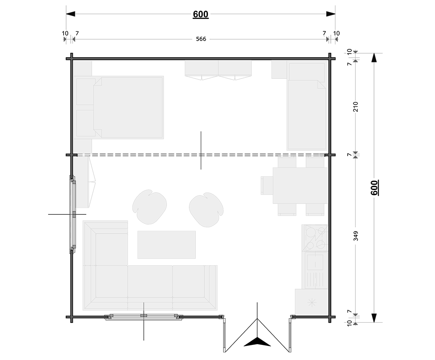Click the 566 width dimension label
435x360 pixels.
point(201,39)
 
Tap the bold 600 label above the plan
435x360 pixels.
point(201,14)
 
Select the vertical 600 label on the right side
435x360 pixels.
point(374,188)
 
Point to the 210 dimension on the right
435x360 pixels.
point(356,107)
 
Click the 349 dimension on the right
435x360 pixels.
point(356,236)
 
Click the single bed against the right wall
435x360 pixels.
point(307,107)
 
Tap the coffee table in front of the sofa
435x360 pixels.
point(166,244)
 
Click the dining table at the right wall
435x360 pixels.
point(300,185)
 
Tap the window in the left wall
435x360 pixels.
point(73,214)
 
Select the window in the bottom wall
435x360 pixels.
point(143,317)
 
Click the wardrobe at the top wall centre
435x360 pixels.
point(218,70)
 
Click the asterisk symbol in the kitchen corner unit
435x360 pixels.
point(312,303)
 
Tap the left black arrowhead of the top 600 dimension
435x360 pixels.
point(70,14)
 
